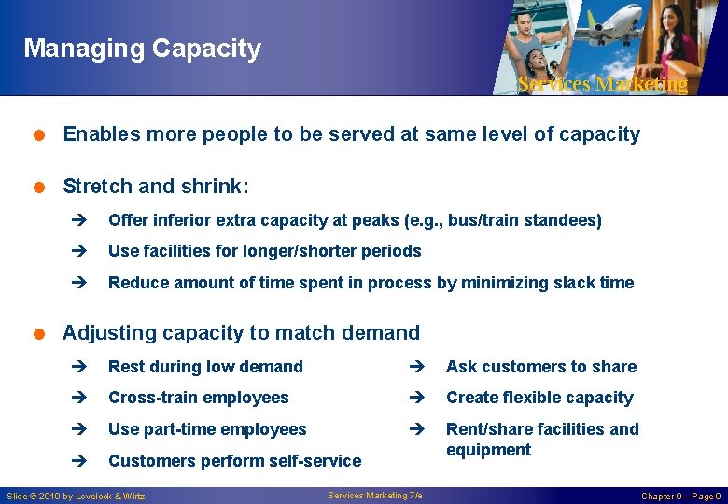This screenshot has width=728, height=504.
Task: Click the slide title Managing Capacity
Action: [142, 49]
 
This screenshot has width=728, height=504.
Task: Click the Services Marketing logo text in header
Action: [602, 84]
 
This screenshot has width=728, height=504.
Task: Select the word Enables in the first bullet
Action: [95, 134]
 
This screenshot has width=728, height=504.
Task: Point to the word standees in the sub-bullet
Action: [564, 220]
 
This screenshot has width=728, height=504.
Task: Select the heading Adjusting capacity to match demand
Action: [241, 332]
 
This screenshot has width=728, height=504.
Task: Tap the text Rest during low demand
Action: [205, 367]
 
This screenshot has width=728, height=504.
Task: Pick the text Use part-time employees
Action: [207, 429]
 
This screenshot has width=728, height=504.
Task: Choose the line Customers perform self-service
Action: [234, 461]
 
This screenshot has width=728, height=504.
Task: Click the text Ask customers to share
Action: [541, 367]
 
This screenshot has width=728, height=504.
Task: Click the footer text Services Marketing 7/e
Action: [374, 495]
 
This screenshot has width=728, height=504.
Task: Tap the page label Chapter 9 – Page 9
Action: [680, 496]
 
